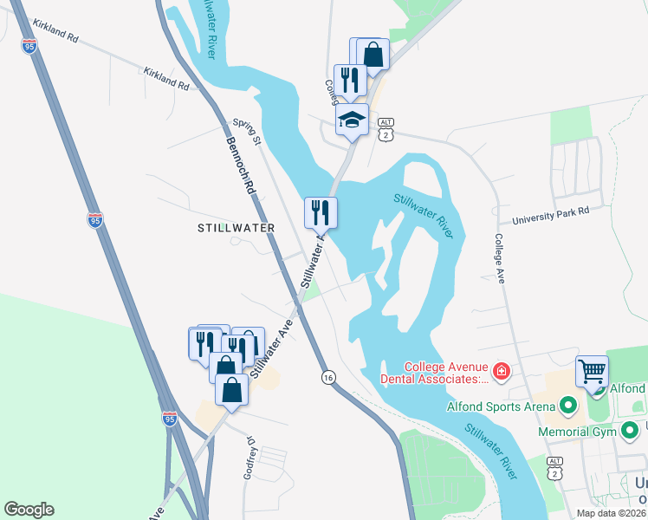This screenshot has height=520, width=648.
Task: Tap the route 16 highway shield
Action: coord(327,377)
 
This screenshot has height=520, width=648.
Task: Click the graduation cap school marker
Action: coord(352,119)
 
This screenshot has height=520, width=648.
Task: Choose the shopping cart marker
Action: coord(593,371)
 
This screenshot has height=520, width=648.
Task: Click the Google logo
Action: coord(29,510)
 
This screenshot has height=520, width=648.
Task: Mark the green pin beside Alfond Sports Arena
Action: coord(568,405)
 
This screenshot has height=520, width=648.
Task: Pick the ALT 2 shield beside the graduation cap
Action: coord(386,128)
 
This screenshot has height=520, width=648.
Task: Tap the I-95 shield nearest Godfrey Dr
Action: coord(170,419)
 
